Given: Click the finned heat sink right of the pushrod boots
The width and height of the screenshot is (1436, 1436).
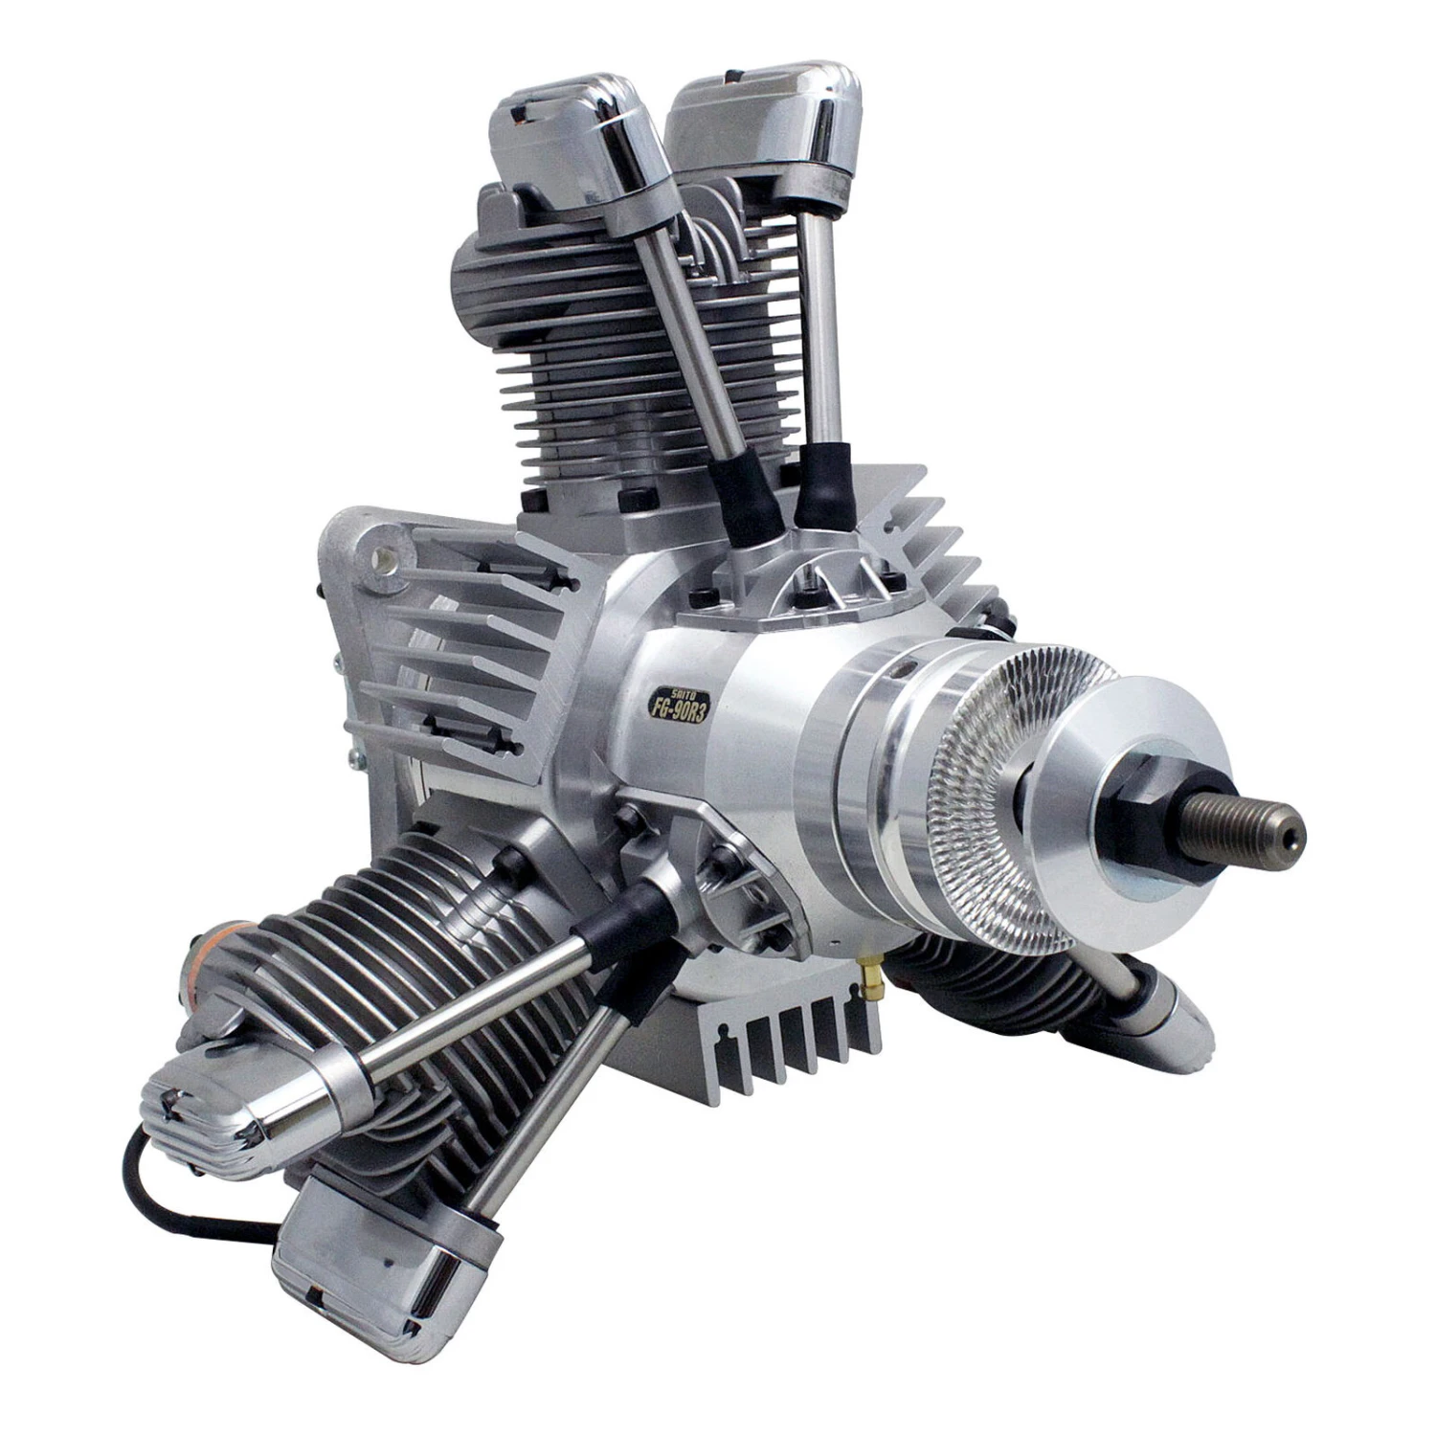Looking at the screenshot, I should (x=918, y=536).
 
